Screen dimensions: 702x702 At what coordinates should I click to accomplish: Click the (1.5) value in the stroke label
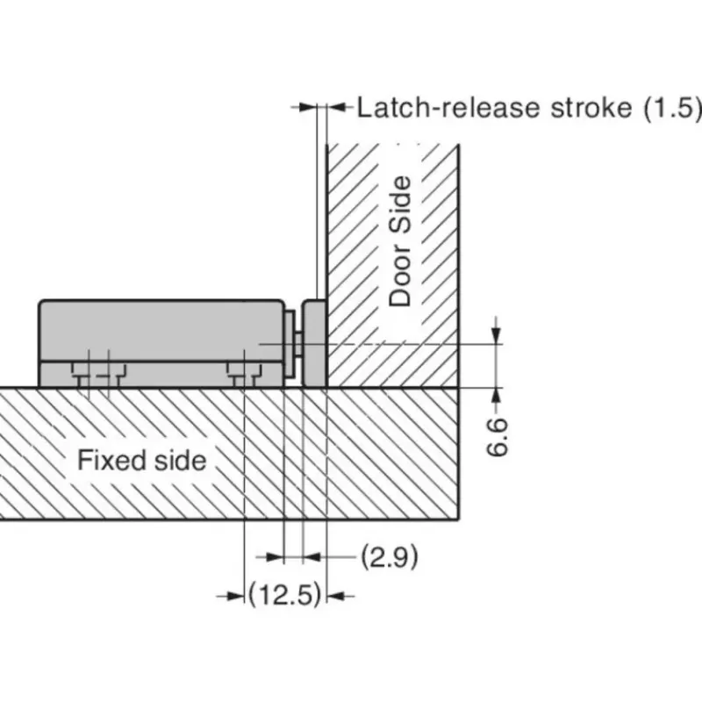672,108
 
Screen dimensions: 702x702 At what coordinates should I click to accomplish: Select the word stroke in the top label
591,108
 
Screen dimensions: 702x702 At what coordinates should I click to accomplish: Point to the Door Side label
400,241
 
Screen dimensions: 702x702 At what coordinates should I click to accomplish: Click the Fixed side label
142,460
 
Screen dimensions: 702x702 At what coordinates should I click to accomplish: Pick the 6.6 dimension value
497,437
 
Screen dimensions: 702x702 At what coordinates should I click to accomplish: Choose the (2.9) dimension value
390,557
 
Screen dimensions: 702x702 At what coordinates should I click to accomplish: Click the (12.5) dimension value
285,595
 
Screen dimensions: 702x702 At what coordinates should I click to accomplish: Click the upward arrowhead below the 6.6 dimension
496,397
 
